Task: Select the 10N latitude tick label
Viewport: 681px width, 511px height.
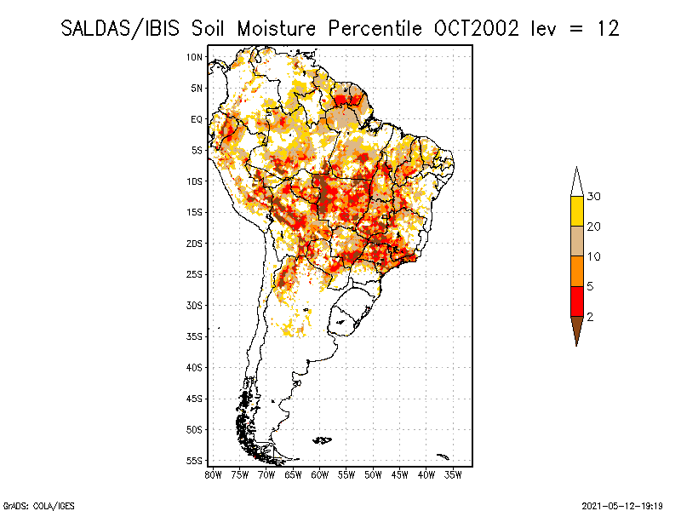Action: pos(194,57)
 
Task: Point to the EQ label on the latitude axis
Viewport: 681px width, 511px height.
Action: pos(196,119)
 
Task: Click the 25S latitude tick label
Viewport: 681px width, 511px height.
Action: pos(194,274)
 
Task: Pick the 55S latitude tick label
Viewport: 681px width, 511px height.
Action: pos(194,461)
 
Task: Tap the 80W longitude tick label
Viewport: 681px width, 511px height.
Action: pos(213,474)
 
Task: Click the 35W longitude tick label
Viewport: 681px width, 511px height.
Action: pos(453,474)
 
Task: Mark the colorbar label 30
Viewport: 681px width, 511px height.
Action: pos(594,197)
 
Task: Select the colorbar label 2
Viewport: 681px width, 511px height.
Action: pos(590,316)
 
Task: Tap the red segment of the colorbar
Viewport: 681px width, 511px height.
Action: pos(576,301)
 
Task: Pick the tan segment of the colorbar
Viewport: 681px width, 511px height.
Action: pos(576,241)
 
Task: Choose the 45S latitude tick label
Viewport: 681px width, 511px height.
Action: pos(194,399)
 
